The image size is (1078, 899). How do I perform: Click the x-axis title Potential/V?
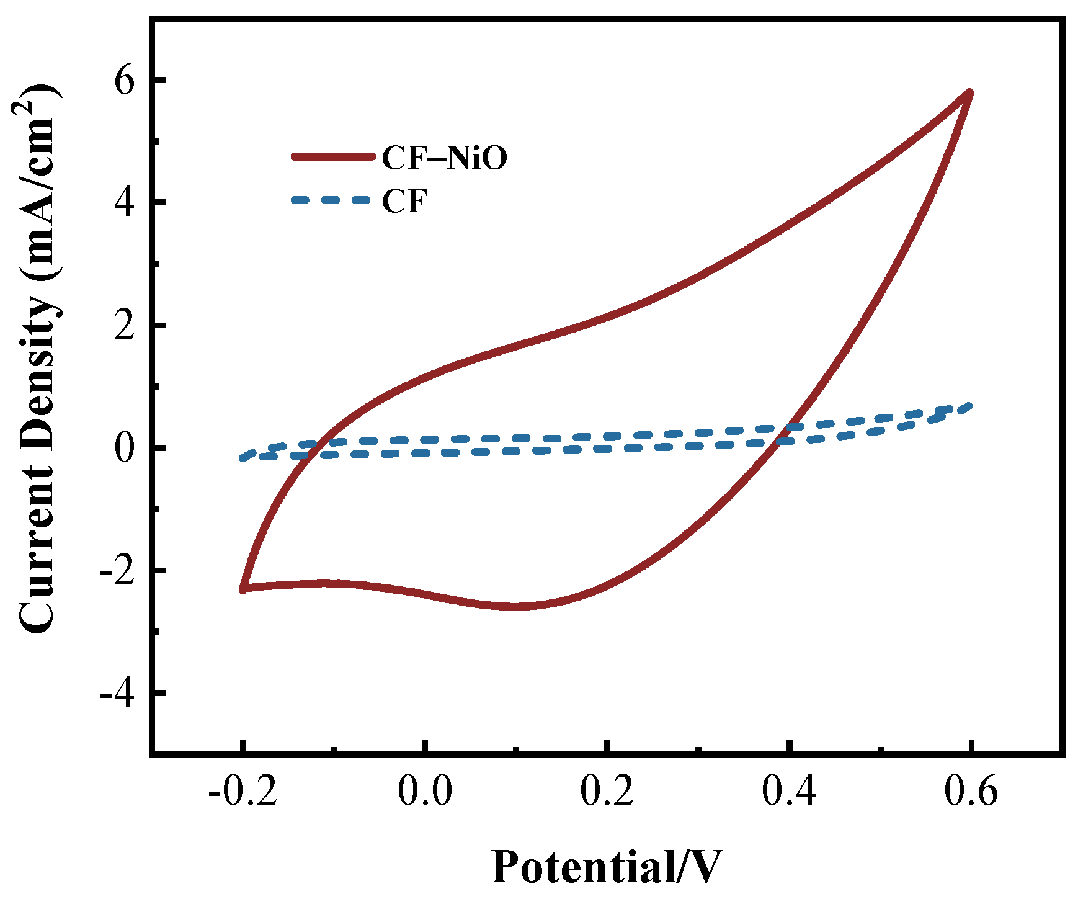click(x=607, y=866)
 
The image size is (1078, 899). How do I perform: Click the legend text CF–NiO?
click(x=444, y=158)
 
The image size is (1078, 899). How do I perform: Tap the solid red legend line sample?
click(x=333, y=157)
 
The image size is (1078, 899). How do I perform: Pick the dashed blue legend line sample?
click(x=333, y=200)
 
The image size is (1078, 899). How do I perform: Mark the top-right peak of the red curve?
click(x=969, y=92)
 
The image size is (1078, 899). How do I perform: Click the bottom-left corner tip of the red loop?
click(x=243, y=589)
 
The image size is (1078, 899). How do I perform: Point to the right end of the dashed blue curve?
click(x=969, y=406)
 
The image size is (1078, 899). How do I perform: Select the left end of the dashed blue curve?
click(x=243, y=458)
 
